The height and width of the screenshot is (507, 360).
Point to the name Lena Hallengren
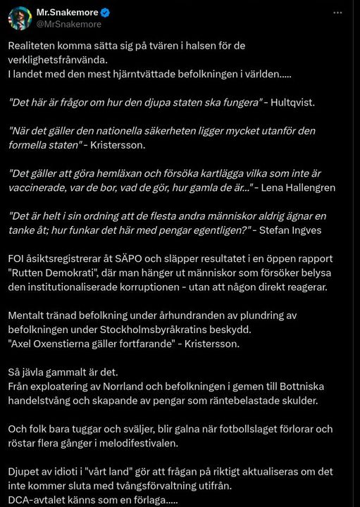(x=296, y=187)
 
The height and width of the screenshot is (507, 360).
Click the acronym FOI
(x=18, y=259)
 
